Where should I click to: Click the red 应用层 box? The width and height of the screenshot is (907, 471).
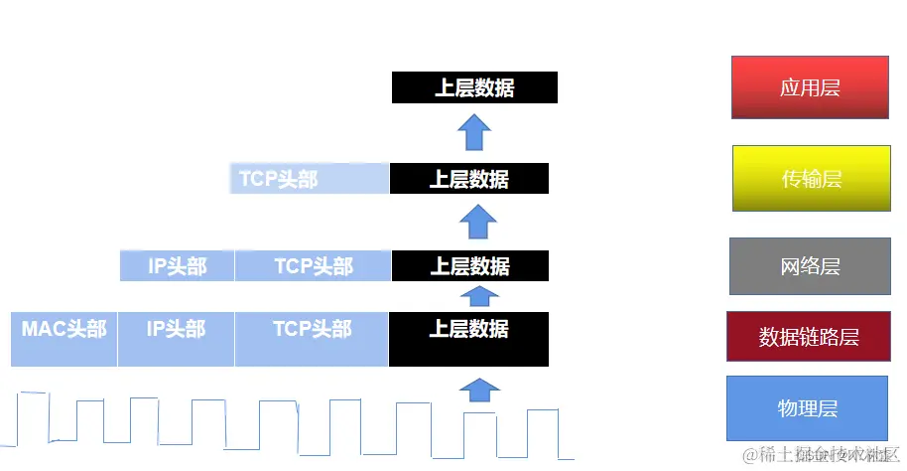pyautogui.click(x=810, y=87)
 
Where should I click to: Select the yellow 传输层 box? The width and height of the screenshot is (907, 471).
pyautogui.click(x=811, y=179)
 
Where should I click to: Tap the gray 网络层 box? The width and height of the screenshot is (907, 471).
pyautogui.click(x=810, y=266)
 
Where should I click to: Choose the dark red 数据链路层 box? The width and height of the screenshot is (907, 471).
pyautogui.click(x=809, y=337)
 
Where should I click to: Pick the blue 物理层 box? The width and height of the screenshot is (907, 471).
pyautogui.click(x=808, y=407)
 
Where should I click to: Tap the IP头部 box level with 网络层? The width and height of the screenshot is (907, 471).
pyautogui.click(x=177, y=266)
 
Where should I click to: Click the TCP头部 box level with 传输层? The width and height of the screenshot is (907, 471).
pyautogui.click(x=308, y=179)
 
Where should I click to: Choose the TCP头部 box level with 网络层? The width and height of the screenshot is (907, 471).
pyautogui.click(x=313, y=266)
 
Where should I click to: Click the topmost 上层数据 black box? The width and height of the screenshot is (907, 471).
pyautogui.click(x=474, y=87)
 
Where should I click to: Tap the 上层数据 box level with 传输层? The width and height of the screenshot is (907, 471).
pyautogui.click(x=468, y=179)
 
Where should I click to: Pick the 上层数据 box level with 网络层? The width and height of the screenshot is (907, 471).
pyautogui.click(x=469, y=266)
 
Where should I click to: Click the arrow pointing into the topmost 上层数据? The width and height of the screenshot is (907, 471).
pyautogui.click(x=475, y=130)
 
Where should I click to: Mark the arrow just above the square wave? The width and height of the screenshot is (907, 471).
pyautogui.click(x=480, y=389)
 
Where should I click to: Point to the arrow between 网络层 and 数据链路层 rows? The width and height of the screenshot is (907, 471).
pyautogui.click(x=480, y=294)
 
